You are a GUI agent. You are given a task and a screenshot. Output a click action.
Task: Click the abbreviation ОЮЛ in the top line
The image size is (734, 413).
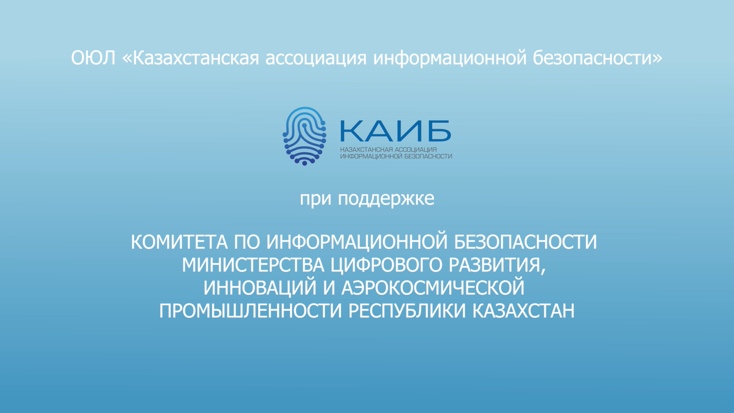[x=94, y=58]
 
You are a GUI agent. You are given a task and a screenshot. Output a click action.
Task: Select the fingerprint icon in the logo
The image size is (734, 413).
[x=305, y=136]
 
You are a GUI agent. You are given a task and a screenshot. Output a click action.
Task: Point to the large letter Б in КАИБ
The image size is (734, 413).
[x=439, y=131]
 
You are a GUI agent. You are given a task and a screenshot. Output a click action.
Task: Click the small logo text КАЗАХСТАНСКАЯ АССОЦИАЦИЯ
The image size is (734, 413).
[x=388, y=150]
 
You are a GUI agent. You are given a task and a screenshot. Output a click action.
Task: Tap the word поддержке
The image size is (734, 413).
[x=386, y=199]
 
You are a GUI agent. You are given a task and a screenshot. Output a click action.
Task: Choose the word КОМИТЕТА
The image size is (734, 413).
[x=179, y=242]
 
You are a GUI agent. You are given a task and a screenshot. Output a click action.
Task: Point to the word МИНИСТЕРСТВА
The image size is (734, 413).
[x=253, y=265]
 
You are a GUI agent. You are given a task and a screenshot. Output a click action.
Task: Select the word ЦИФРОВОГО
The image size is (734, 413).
[x=386, y=265]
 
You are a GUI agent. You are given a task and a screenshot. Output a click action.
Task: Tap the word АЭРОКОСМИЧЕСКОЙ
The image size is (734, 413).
[x=433, y=287]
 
